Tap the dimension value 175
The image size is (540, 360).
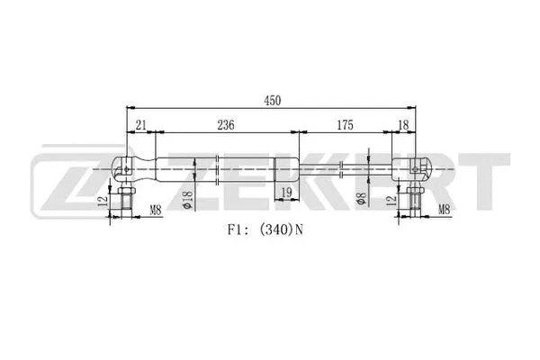coord(344,124)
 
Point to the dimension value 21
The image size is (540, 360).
coord(140,124)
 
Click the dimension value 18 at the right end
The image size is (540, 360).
coord(402,124)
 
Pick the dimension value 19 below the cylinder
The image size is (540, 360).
coord(285,193)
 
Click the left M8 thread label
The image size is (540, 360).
coord(156,211)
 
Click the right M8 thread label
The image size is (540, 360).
coord(444,211)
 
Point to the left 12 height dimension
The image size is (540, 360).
coord(105,203)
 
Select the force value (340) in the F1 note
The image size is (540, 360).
coord(276,230)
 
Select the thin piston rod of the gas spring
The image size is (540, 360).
coord(342,168)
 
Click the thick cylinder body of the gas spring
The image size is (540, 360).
coord(216,168)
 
